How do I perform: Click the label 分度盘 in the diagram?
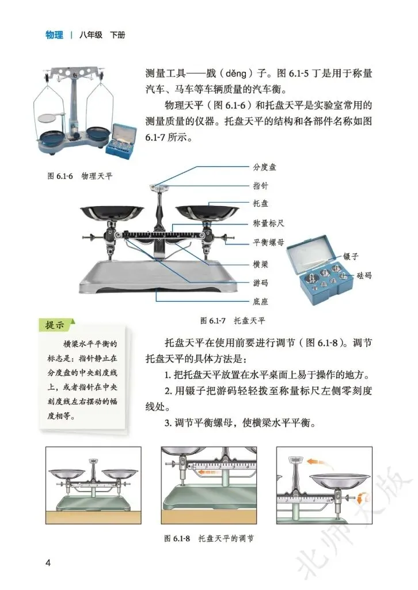point(264,167)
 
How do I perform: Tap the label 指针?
point(260,185)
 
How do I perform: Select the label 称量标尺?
point(268,223)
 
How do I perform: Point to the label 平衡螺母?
point(268,242)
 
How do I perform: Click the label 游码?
point(260,283)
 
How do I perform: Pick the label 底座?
point(260,302)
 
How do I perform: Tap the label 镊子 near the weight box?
point(351,257)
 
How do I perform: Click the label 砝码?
point(364,276)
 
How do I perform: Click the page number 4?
point(48,563)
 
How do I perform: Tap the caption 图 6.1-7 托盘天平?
point(233,321)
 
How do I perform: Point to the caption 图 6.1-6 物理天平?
point(80,176)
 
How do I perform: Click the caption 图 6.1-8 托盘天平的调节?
point(209,538)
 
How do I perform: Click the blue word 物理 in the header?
point(54,35)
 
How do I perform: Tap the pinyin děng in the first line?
point(236,73)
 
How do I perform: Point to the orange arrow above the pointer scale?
point(316,462)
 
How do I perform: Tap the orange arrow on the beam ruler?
point(210,472)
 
